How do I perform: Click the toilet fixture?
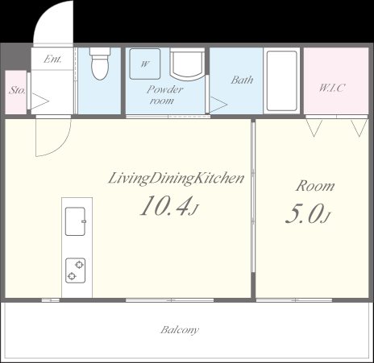(100, 66)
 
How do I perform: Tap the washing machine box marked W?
(145, 64)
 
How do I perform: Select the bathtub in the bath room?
(282, 82)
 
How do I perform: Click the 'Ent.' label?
(53, 60)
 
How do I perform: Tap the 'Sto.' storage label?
(17, 91)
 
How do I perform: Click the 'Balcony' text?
(180, 330)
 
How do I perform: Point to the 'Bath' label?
(242, 80)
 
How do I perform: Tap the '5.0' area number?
(304, 214)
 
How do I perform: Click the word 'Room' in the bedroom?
(314, 186)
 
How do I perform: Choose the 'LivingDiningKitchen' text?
(175, 179)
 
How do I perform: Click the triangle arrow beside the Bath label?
(218, 103)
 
